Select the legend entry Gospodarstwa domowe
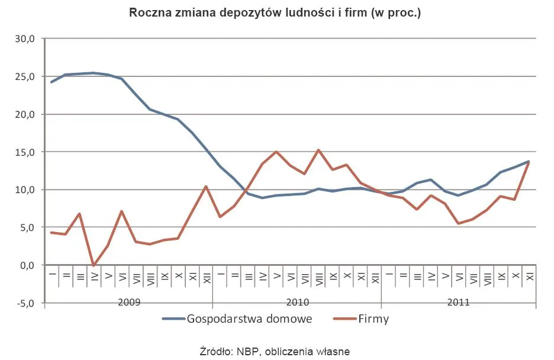[x=237, y=319]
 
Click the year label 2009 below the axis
[x=128, y=302]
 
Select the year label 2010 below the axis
[x=297, y=302]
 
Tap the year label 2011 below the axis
[x=459, y=302]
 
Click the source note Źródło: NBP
[x=275, y=351]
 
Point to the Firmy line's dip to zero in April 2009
[x=94, y=265]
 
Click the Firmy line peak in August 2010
[x=318, y=150]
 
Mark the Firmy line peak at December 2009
[x=206, y=187]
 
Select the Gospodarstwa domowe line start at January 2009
[x=51, y=82]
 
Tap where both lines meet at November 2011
[x=529, y=161]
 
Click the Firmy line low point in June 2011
[x=459, y=223]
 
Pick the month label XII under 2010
[x=375, y=277]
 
